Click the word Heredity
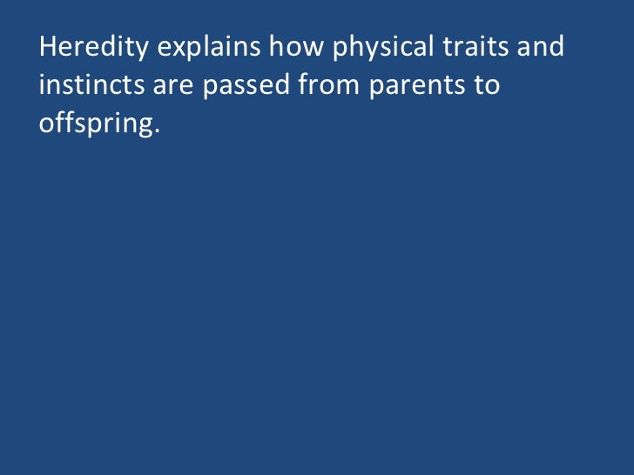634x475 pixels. [x=94, y=47]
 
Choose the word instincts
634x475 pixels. [x=91, y=86]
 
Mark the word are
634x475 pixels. [x=174, y=88]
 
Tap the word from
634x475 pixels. [x=322, y=86]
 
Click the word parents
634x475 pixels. [x=409, y=88]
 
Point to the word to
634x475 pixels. [x=488, y=87]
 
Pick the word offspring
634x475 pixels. [x=97, y=125]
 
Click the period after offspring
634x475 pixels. [x=158, y=133]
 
